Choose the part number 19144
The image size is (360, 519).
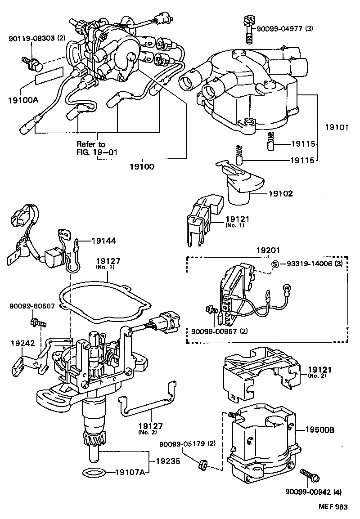[x=104, y=241]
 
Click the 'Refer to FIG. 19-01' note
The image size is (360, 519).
[x=96, y=148]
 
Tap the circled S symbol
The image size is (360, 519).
[x=274, y=264]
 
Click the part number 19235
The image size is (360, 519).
[x=168, y=461]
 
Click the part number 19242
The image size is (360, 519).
[x=22, y=343]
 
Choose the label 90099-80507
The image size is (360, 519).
[x=31, y=306]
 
